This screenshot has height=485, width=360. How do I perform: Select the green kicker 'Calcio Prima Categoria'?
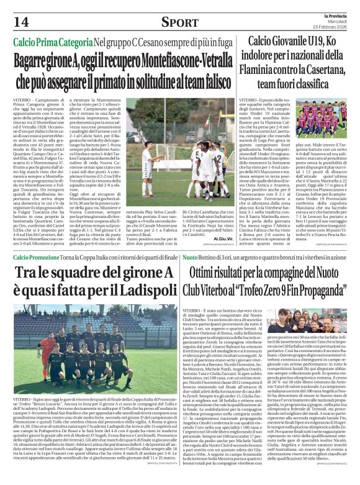pyautogui.click(x=54, y=43)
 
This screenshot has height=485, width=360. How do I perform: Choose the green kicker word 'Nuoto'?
pyautogui.click(x=190, y=257)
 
